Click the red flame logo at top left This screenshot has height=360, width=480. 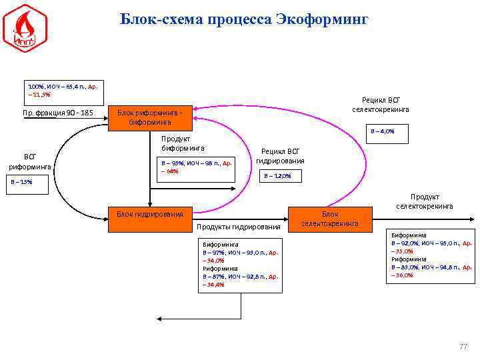click(25, 28)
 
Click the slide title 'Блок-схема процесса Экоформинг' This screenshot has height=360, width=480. click(244, 19)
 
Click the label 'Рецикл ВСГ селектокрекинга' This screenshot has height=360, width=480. click(381, 104)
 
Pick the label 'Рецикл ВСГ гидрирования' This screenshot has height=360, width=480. click(280, 156)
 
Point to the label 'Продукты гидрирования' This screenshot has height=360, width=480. click(239, 227)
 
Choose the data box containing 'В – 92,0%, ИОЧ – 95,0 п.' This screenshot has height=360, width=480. click(431, 256)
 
